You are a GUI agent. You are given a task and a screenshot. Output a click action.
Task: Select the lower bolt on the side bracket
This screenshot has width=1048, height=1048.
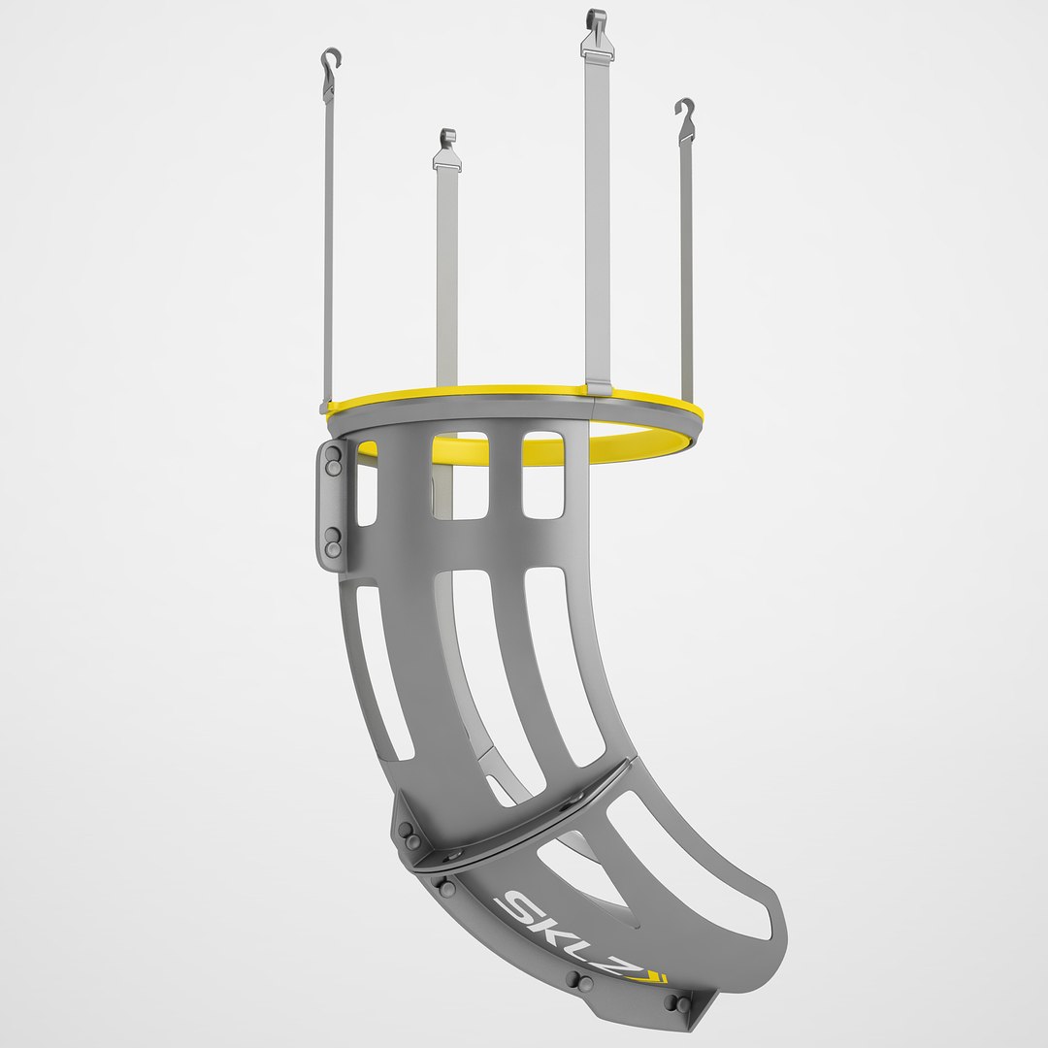(334, 542)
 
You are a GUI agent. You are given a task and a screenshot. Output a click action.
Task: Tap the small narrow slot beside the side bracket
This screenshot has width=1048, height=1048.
(366, 495)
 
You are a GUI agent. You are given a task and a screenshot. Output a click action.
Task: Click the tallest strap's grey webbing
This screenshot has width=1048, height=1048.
(597, 213)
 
